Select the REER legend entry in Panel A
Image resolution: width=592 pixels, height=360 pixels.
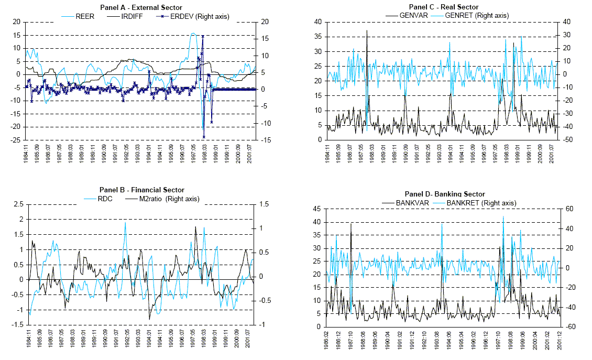tap(85, 16)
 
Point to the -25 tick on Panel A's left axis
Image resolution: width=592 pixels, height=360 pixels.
tap(15, 140)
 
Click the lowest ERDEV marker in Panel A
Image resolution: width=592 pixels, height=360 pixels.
tap(203, 137)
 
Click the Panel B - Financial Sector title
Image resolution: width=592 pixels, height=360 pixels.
tap(141, 190)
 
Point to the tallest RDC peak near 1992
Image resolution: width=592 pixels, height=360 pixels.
tap(125, 223)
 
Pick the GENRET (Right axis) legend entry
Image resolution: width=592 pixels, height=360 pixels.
tap(476, 15)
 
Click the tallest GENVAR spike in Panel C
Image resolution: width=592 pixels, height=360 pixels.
tap(367, 31)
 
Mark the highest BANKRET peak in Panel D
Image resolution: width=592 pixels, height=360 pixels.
tap(503, 216)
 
